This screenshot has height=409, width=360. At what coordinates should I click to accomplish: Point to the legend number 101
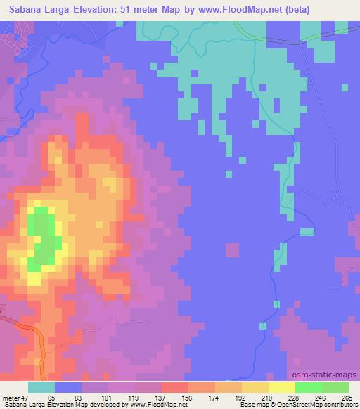(x=108, y=398)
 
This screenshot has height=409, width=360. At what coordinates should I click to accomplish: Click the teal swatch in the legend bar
(x=41, y=388)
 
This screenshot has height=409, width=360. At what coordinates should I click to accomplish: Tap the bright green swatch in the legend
(x=308, y=388)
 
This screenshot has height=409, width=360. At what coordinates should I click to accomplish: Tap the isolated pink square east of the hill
(x=232, y=250)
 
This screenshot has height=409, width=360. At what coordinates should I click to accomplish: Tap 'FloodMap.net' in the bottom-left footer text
(x=159, y=405)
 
